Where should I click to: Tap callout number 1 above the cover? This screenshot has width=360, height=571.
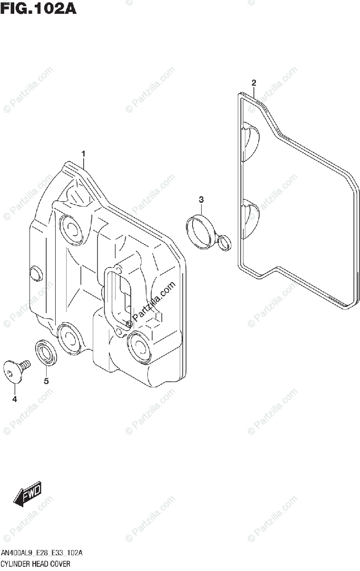coord(83,154)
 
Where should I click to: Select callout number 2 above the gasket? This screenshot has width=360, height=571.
coord(254,83)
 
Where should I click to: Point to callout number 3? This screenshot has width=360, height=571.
coord(201,198)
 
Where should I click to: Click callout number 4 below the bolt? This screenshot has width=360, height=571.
coord(14,399)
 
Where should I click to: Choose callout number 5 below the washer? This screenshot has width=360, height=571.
coord(46,381)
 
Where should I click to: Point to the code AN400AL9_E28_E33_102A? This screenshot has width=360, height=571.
coord(42,553)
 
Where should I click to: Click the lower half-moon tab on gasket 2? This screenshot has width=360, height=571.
coord(251,219)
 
